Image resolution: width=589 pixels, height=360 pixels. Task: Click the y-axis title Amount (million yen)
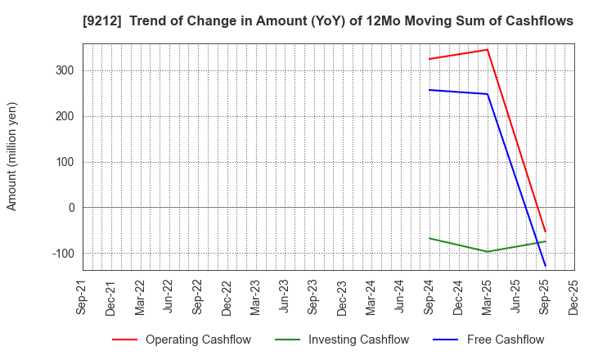[x=12, y=156]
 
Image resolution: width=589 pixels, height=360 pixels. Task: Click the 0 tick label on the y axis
[x=71, y=208]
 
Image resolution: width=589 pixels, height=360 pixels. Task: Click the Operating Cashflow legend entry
[x=182, y=340]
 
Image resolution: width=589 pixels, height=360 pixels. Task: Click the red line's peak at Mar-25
[x=488, y=49]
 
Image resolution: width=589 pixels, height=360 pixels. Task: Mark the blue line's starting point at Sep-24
[x=429, y=90]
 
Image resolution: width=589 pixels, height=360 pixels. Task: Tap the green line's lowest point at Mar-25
[x=488, y=251]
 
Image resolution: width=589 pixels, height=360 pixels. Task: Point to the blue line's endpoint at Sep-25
[x=545, y=266]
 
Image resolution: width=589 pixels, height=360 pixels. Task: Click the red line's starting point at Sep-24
[x=429, y=59]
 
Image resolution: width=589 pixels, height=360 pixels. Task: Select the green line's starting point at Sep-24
[x=429, y=238]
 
